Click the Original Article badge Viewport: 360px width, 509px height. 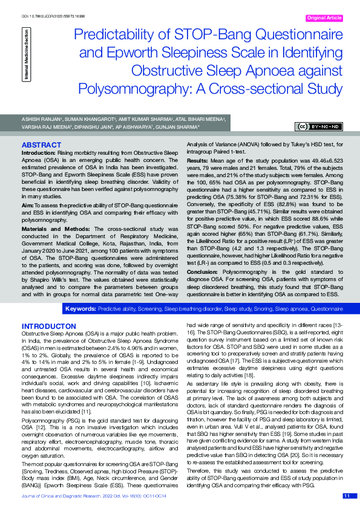pyautogui.click(x=325, y=18)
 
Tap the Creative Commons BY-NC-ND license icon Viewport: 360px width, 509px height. pyautogui.click(x=319, y=126)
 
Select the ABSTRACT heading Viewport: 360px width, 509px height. pyautogui.click(x=42, y=146)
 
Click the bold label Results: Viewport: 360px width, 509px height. pyautogui.click(x=198, y=162)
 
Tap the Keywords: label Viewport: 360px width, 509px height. pyautogui.click(x=80, y=308)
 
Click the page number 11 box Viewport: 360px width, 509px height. pyautogui.click(x=347, y=496)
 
